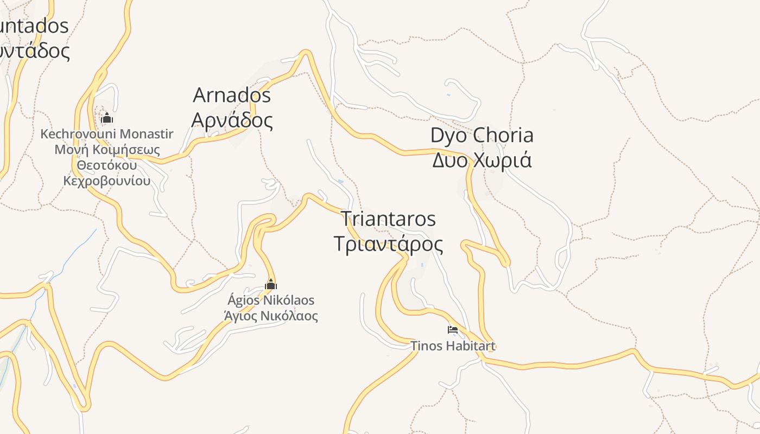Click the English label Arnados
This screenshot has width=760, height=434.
tap(232, 95)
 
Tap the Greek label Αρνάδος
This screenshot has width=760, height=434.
tap(232, 120)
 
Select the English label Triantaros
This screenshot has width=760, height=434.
tap(388, 219)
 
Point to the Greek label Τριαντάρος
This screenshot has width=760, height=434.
tap(388, 244)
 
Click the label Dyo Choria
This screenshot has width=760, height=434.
tap(482, 136)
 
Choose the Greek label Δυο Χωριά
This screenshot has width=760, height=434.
tap(482, 161)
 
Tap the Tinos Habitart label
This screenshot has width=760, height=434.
tap(453, 346)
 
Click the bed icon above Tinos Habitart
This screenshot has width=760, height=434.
tap(453, 329)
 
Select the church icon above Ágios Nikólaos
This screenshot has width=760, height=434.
tap(270, 284)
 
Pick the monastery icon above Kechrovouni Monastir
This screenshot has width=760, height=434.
tap(107, 118)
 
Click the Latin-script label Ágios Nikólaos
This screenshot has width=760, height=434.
tap(270, 300)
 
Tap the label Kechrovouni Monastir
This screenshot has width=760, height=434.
tap(107, 134)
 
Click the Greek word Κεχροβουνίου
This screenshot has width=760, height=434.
tap(107, 181)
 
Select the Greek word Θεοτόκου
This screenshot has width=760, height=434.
tap(107, 165)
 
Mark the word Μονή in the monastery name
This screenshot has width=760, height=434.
tap(72, 150)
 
